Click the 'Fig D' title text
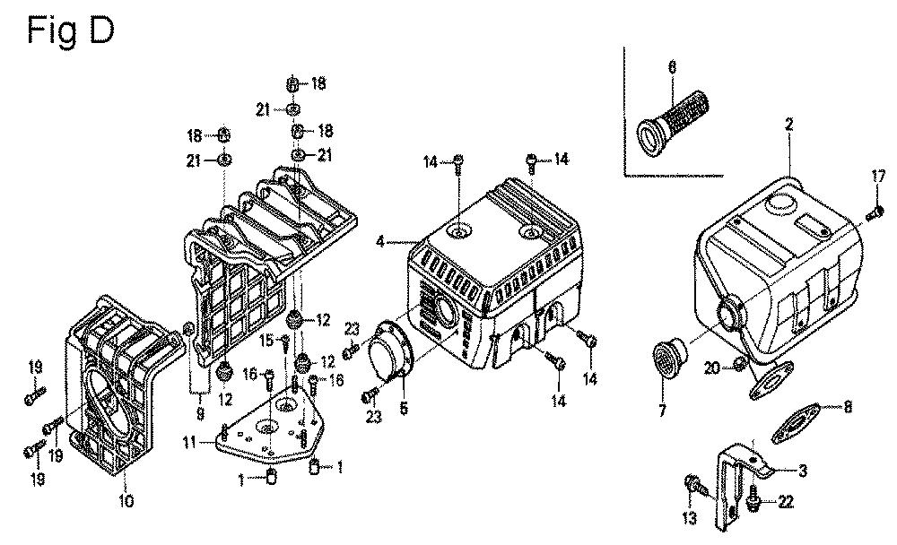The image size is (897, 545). (x=70, y=31)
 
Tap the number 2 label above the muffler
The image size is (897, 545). (x=788, y=124)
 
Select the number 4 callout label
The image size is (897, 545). (x=380, y=242)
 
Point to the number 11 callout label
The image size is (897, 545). (x=189, y=442)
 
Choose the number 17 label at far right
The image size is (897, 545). (x=878, y=177)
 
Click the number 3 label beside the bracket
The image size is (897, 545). (x=803, y=471)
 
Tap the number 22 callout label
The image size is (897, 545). (x=786, y=502)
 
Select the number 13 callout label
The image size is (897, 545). (x=690, y=518)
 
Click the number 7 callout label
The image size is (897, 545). (x=663, y=410)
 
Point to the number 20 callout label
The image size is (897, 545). (x=711, y=368)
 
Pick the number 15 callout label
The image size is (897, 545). (x=266, y=342)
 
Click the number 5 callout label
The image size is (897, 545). (x=404, y=409)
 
